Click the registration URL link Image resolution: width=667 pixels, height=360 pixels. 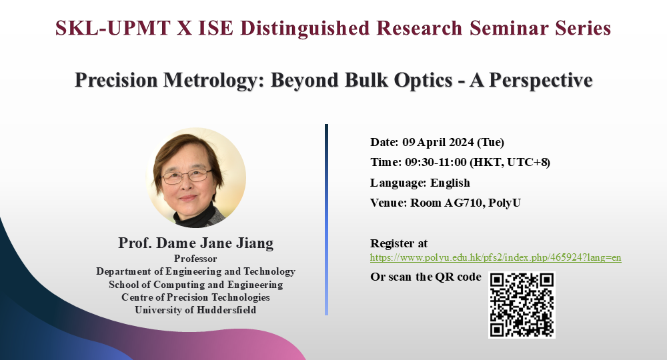(x=496, y=257)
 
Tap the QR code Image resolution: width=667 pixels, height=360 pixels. (x=522, y=305)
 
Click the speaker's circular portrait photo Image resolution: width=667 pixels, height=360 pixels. (x=195, y=177)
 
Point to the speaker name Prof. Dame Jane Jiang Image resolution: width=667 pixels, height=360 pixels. (x=195, y=243)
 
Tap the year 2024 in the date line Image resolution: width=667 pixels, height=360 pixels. (x=461, y=142)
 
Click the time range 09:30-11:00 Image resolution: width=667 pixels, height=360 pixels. (x=436, y=163)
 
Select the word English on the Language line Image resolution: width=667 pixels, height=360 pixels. (x=450, y=183)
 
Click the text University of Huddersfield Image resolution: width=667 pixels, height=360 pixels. (x=195, y=310)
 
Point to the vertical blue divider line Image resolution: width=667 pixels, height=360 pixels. (x=326, y=220)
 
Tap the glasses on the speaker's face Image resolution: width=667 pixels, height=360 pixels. (x=187, y=175)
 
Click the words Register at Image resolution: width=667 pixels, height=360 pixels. (x=399, y=243)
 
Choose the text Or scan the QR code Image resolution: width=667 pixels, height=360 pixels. (x=426, y=277)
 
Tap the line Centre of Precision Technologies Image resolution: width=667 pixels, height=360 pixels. (x=195, y=297)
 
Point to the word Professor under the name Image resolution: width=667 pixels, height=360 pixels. (x=195, y=259)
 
